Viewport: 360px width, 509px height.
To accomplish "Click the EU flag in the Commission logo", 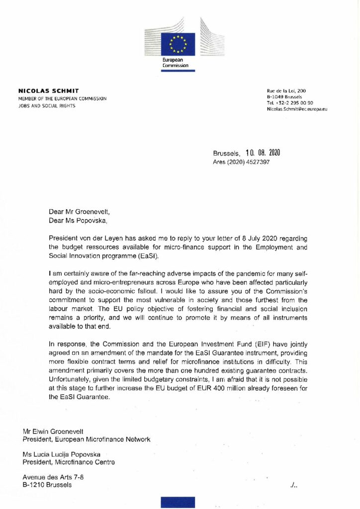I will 178,44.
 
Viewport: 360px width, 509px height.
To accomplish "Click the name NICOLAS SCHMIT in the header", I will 48,91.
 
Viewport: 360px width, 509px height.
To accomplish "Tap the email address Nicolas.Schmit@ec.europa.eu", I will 297,109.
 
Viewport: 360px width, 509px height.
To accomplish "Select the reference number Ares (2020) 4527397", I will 242,162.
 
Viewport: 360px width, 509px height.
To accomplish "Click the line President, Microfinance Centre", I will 69,462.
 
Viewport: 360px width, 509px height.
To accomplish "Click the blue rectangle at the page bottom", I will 178,502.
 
